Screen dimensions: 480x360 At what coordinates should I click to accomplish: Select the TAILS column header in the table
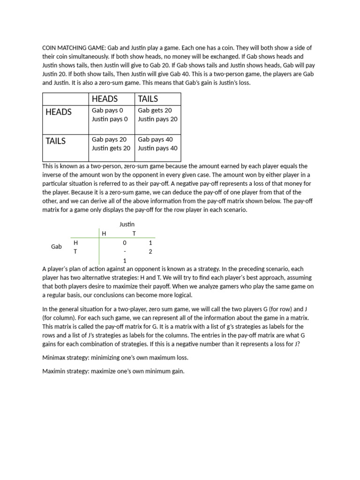point(148,99)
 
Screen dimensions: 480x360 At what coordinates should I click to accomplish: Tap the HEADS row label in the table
point(59,112)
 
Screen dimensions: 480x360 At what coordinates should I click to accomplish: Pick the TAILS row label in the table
point(56,141)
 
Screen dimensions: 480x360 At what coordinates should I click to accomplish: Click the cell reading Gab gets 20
point(155,111)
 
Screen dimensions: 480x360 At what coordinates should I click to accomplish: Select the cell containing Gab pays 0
point(108,111)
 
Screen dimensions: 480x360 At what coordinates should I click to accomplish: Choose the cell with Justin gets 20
point(111,148)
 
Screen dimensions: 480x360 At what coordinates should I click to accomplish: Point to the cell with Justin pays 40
point(157,148)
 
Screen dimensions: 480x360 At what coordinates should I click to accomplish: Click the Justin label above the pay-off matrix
point(127,225)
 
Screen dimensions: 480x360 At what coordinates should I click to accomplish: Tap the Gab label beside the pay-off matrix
point(56,247)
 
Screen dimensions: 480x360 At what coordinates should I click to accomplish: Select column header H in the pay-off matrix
point(104,233)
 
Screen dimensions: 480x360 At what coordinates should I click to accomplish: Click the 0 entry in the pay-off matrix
point(125,243)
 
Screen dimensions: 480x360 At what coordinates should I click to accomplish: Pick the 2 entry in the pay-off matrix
point(150,252)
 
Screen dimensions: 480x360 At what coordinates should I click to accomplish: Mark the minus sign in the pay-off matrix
point(125,252)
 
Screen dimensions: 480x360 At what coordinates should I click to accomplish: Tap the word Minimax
point(55,358)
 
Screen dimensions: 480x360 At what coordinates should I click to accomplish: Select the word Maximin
point(55,371)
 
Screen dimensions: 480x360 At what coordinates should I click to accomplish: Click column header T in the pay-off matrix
point(134,233)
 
